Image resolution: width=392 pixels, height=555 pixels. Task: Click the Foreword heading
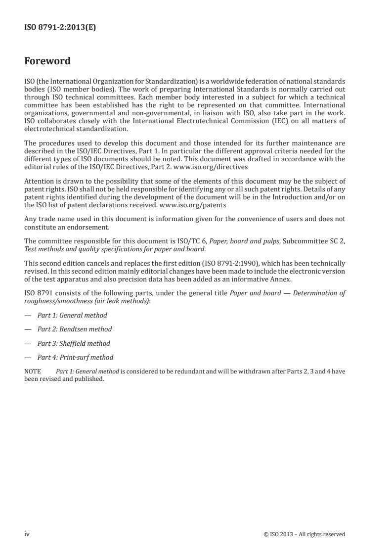47,61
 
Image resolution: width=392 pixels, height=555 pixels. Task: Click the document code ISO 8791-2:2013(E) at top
60,28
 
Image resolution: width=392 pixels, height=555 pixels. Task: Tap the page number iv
27,534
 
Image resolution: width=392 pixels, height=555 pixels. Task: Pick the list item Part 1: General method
72,315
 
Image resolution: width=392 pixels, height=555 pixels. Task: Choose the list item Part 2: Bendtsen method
75,329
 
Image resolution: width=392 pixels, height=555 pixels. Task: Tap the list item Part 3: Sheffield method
74,343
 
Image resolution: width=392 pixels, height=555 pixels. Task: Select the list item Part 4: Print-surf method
75,357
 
